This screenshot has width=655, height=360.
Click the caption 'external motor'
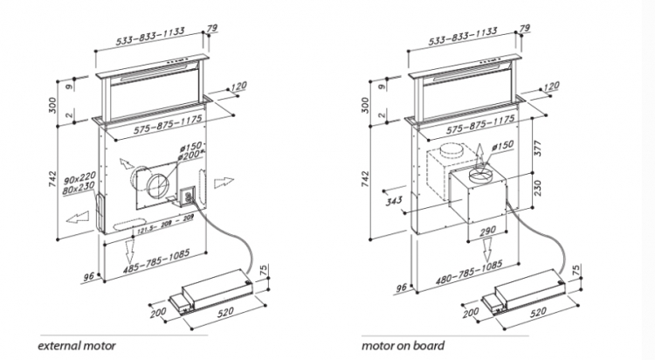[x=78, y=345]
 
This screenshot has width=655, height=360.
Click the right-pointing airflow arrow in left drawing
[x=224, y=182]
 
